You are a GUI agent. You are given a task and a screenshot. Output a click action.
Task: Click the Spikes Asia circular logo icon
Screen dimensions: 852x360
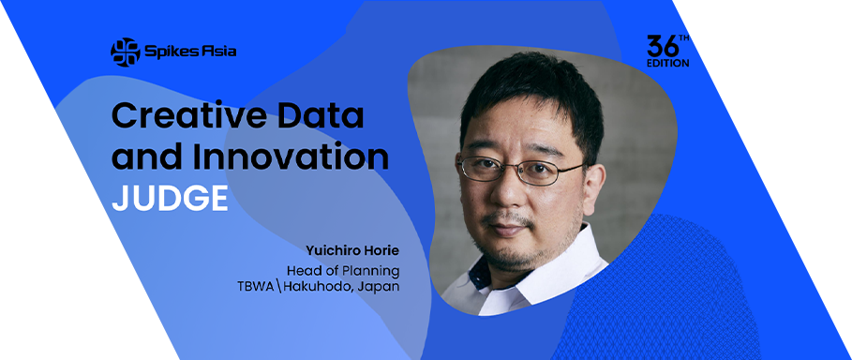[x=125, y=52]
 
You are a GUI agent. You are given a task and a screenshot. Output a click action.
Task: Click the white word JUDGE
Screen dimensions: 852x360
[x=170, y=198]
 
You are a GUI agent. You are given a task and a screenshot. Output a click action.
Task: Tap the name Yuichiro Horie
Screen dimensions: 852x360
[x=352, y=251]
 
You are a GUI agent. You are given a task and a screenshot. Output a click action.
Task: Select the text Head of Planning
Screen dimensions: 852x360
[x=343, y=270]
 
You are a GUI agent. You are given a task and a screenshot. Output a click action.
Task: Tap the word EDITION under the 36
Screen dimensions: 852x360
[x=667, y=63]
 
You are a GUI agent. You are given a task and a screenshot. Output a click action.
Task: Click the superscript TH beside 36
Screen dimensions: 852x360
[x=684, y=38]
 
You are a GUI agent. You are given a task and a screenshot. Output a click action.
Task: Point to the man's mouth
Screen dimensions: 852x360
[x=508, y=228]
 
